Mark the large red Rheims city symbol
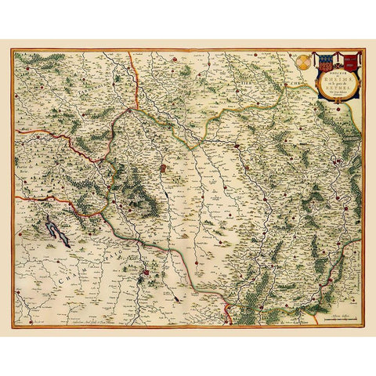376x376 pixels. (x=164, y=168)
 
